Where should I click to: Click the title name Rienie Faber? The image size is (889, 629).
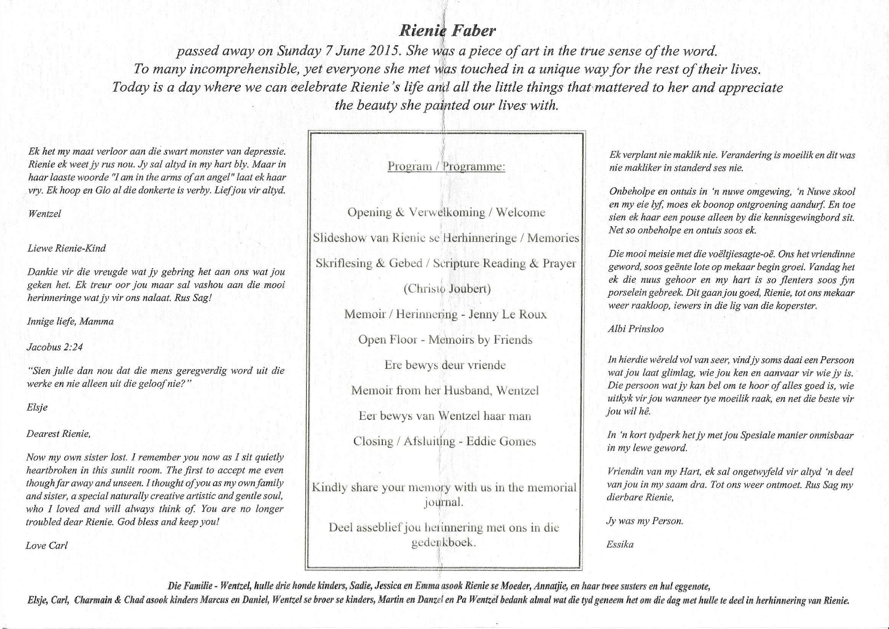click(x=447, y=31)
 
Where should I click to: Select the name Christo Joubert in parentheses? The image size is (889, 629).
click(x=447, y=289)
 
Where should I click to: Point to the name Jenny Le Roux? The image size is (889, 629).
click(x=508, y=314)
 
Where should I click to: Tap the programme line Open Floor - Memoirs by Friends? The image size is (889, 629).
click(x=445, y=340)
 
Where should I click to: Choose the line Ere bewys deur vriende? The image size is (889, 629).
click(x=445, y=365)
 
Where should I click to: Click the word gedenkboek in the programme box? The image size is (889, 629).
click(x=443, y=543)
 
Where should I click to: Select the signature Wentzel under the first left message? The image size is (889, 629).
click(x=45, y=214)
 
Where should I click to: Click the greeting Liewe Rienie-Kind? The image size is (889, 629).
click(x=66, y=248)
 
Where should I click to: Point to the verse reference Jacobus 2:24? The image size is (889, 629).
click(x=55, y=347)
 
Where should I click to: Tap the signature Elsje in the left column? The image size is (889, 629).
click(x=37, y=407)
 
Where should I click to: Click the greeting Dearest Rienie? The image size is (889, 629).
click(x=58, y=434)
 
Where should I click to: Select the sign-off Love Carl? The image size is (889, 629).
click(x=46, y=545)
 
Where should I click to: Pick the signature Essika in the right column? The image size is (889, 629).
click(x=620, y=545)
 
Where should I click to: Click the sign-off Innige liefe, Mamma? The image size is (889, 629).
click(x=70, y=321)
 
